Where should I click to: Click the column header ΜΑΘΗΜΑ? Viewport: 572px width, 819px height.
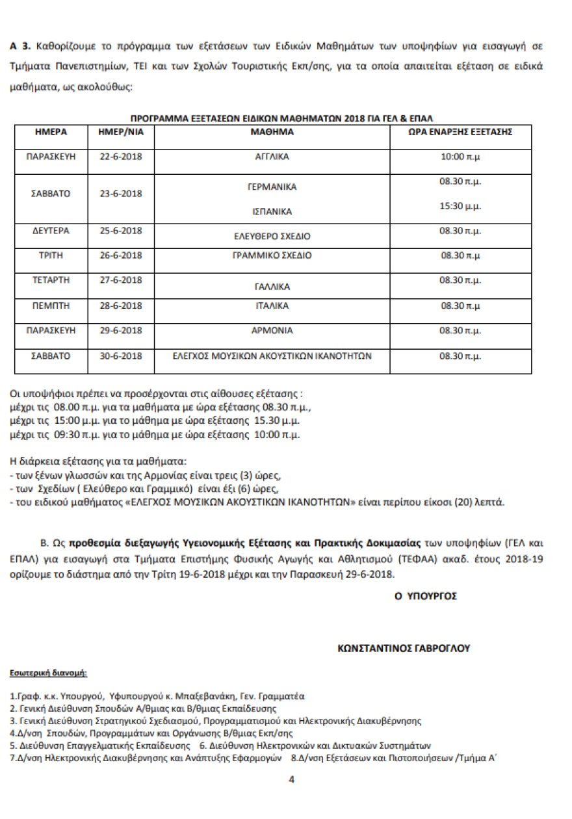click(272, 131)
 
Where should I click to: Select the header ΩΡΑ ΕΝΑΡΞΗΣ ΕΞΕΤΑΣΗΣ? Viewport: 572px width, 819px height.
click(460, 131)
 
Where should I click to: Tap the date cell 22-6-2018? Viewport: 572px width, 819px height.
click(120, 157)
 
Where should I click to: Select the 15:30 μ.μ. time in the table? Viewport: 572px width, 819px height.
click(460, 205)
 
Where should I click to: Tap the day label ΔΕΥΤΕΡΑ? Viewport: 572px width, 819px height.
click(51, 231)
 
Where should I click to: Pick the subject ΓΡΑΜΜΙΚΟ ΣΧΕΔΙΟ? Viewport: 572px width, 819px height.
click(272, 255)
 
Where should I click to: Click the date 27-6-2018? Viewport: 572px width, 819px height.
click(120, 280)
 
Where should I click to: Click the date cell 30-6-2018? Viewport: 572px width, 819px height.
click(120, 356)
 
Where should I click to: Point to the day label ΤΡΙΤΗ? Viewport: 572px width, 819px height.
click(51, 255)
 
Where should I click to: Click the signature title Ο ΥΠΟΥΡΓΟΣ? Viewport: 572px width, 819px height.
click(425, 595)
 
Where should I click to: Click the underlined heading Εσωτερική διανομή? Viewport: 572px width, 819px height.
click(48, 671)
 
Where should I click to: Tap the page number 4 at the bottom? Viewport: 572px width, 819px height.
click(292, 779)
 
